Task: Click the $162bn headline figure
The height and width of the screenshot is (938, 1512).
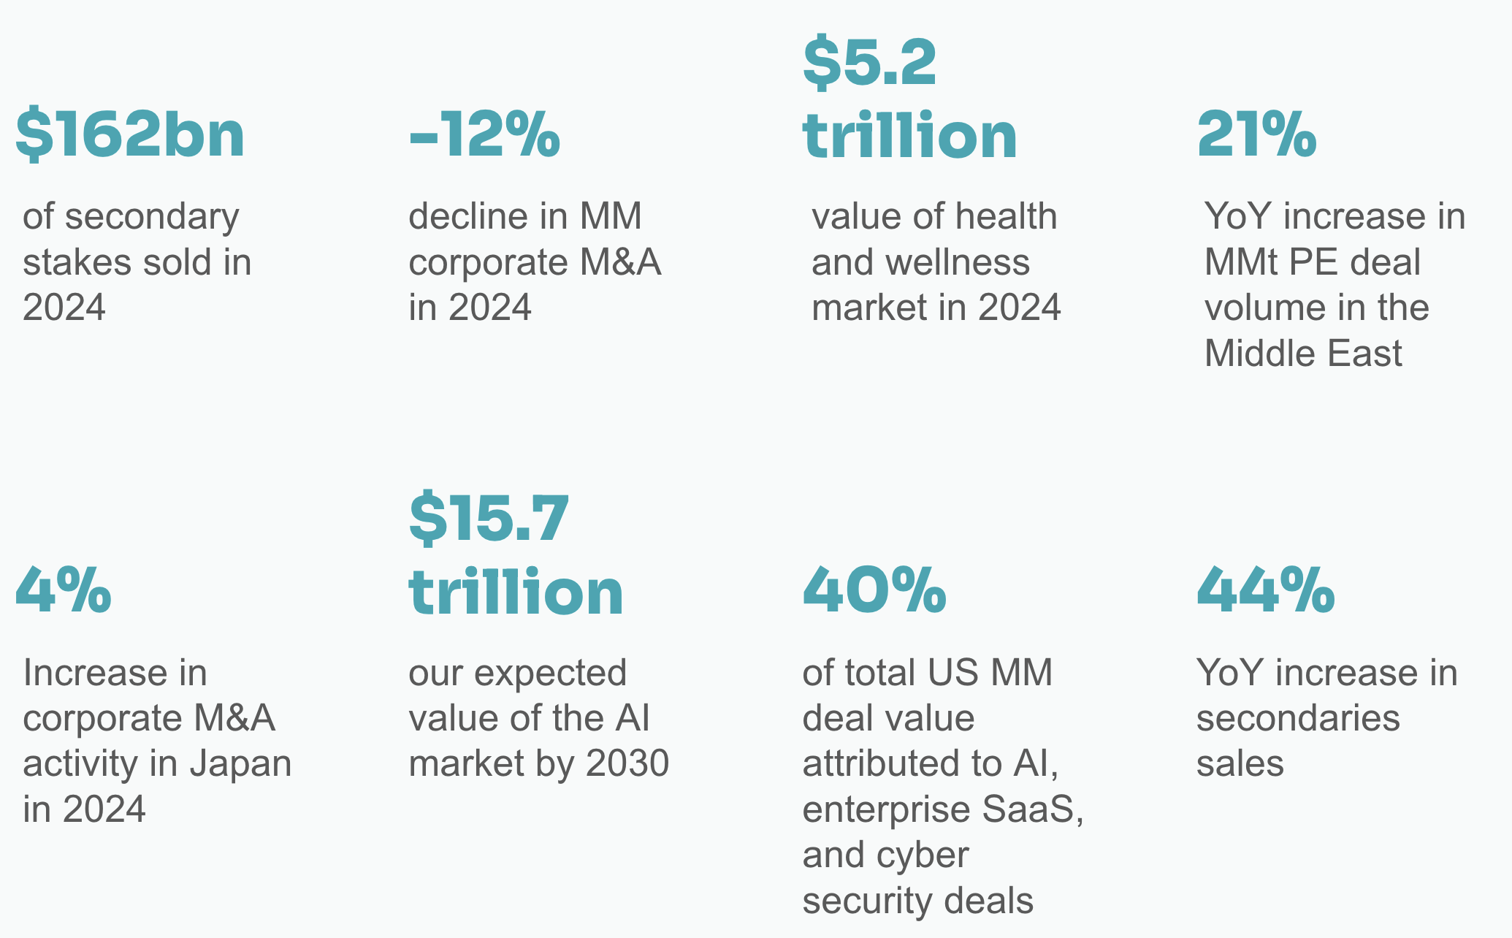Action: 130,135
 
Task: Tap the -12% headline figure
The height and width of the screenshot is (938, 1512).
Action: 484,135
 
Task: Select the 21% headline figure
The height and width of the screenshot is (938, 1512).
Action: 1256,135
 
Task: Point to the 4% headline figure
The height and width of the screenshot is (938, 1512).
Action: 64,590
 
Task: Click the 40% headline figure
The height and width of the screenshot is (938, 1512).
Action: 874,590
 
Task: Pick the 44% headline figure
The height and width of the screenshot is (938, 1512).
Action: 1266,590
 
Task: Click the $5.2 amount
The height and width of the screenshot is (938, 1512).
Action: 869,64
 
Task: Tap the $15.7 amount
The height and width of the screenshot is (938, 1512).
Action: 489,519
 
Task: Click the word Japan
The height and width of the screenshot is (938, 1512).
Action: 240,763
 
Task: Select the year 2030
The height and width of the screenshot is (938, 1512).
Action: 627,763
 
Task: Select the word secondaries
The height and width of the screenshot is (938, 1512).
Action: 1298,718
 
